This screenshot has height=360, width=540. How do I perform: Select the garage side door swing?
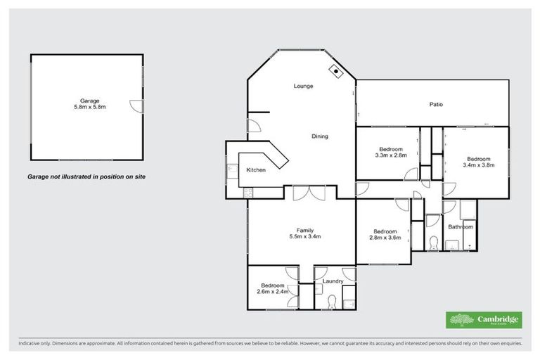pyautogui.click(x=136, y=105)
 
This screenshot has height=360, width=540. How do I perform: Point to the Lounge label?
pyautogui.click(x=303, y=86)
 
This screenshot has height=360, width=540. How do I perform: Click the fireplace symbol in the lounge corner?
pyautogui.click(x=337, y=71)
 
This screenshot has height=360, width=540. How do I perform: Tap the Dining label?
pyautogui.click(x=320, y=136)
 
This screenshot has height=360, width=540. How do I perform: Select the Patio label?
pyautogui.click(x=436, y=105)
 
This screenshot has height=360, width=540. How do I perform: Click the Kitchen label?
pyautogui.click(x=255, y=171)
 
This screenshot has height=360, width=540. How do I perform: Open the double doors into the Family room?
pyautogui.click(x=309, y=193)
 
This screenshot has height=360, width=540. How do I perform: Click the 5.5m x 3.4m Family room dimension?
pyautogui.click(x=304, y=237)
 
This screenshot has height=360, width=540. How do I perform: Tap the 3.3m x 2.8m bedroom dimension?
pyautogui.click(x=391, y=156)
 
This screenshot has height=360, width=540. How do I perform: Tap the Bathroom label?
pyautogui.click(x=461, y=227)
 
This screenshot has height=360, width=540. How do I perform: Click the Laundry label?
pyautogui.click(x=333, y=281)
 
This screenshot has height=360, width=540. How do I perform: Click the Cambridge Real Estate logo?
pyautogui.click(x=484, y=320)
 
